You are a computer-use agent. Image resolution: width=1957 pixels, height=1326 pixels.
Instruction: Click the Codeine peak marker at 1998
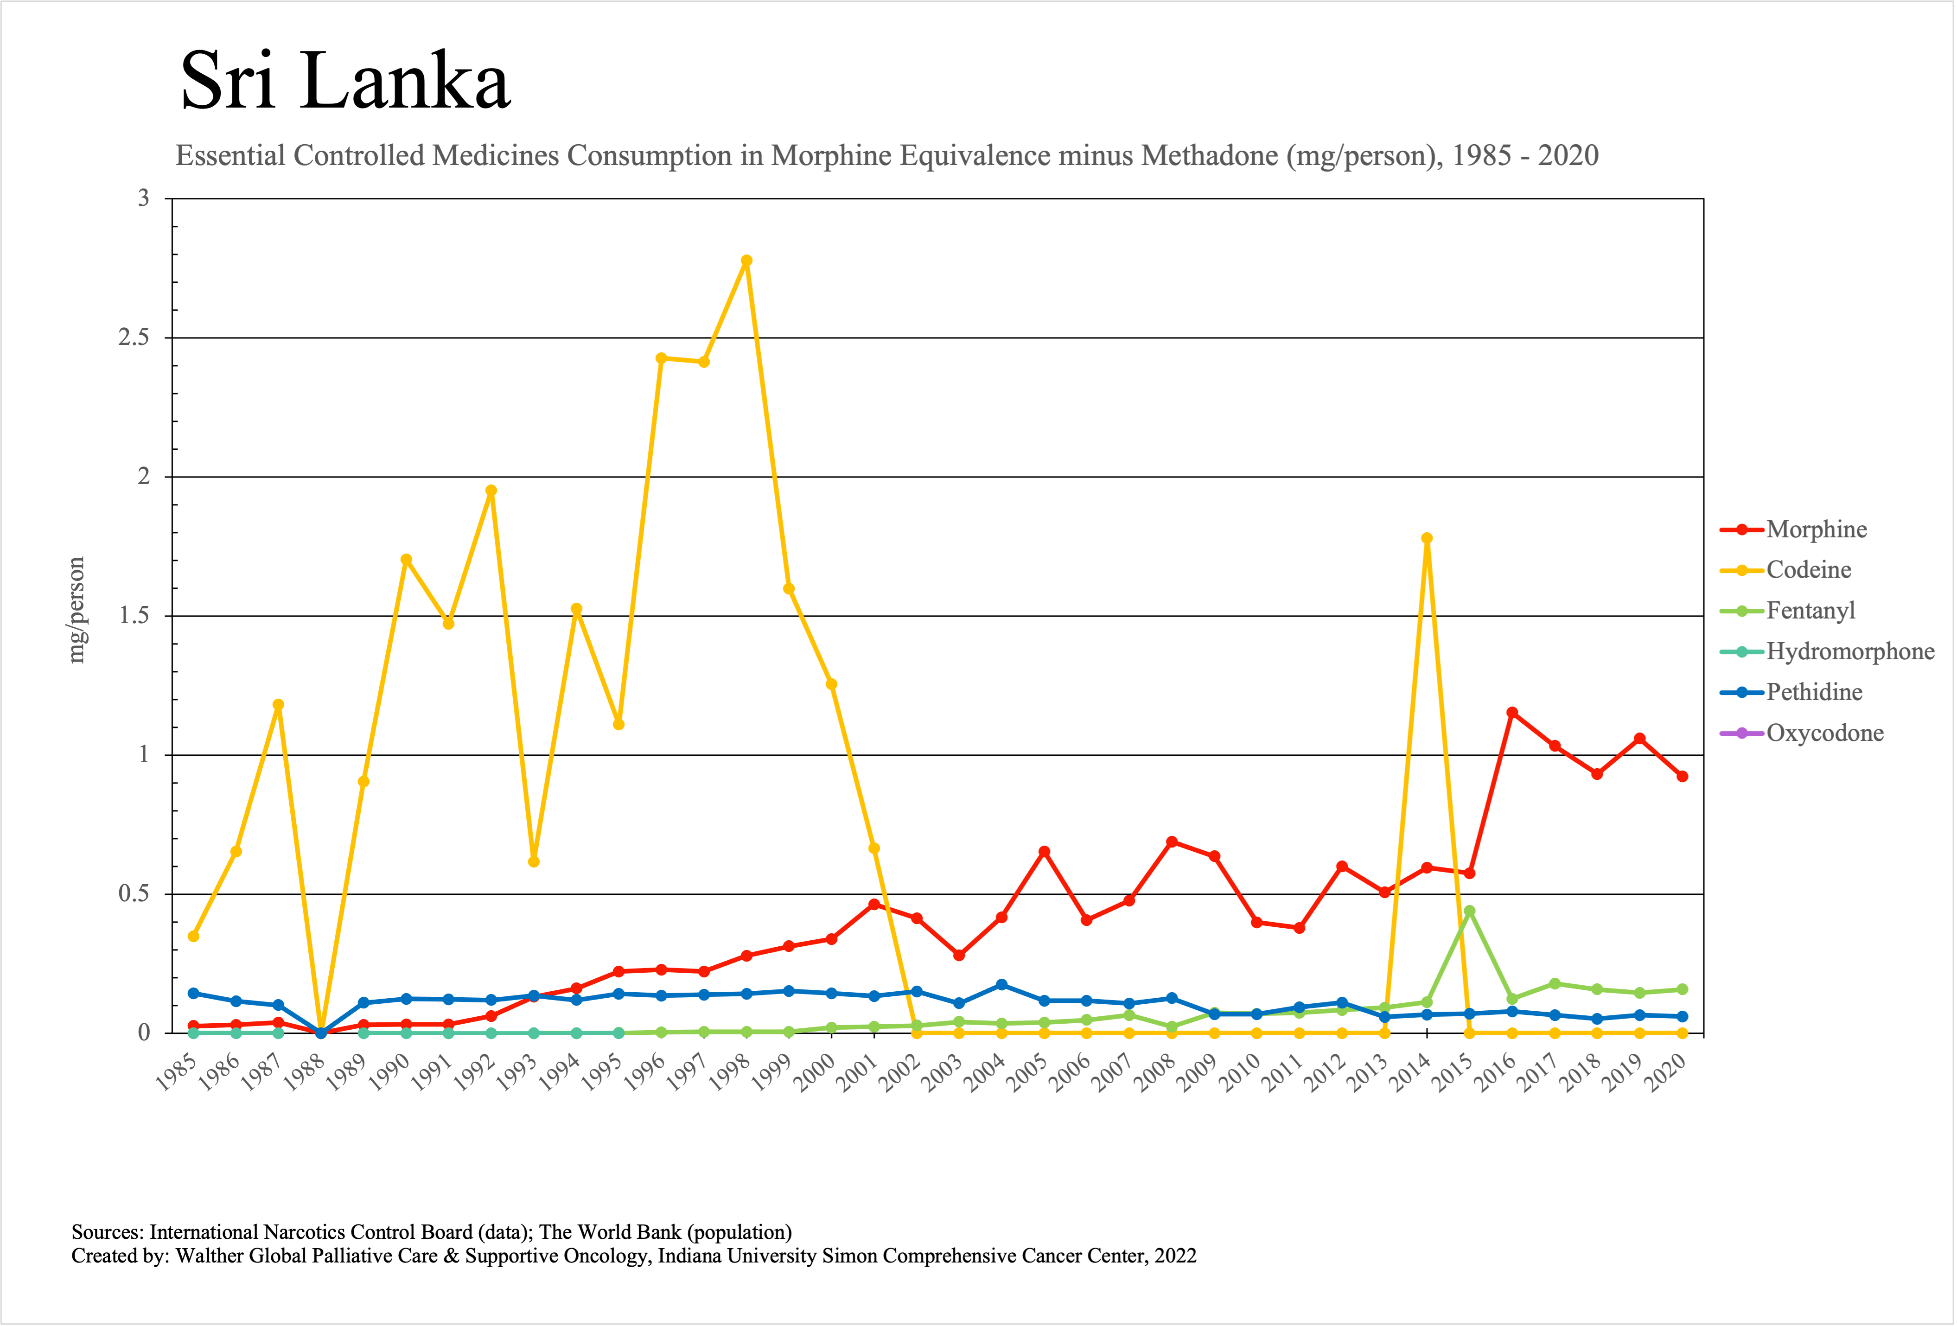click(746, 261)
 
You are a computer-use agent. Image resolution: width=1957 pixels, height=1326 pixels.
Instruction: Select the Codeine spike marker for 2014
click(1427, 538)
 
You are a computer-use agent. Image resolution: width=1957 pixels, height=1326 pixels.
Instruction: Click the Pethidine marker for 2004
click(1001, 984)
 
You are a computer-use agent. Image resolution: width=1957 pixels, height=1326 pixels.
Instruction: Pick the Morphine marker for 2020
click(1682, 776)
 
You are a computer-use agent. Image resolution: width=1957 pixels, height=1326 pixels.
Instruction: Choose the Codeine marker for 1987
click(279, 705)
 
